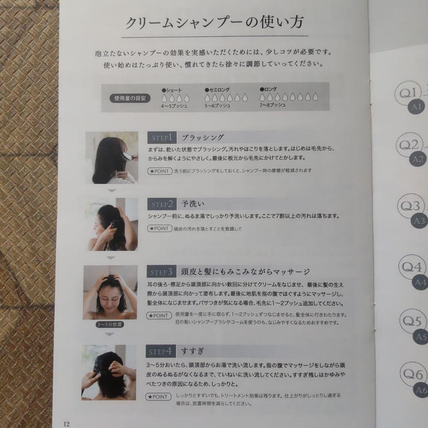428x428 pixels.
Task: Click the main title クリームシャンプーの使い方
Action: click(x=214, y=23)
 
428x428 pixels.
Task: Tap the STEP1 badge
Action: click(x=162, y=138)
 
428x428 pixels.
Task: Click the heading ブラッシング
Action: click(x=203, y=138)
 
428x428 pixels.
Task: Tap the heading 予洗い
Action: click(x=193, y=204)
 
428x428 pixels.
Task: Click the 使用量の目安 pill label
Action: click(x=130, y=98)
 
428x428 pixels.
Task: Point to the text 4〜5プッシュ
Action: click(x=174, y=106)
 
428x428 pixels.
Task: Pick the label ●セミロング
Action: click(x=217, y=90)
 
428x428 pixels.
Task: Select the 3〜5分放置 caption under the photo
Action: click(x=110, y=325)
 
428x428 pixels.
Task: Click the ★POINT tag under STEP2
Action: click(x=159, y=229)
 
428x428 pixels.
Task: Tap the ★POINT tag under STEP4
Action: click(x=159, y=397)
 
